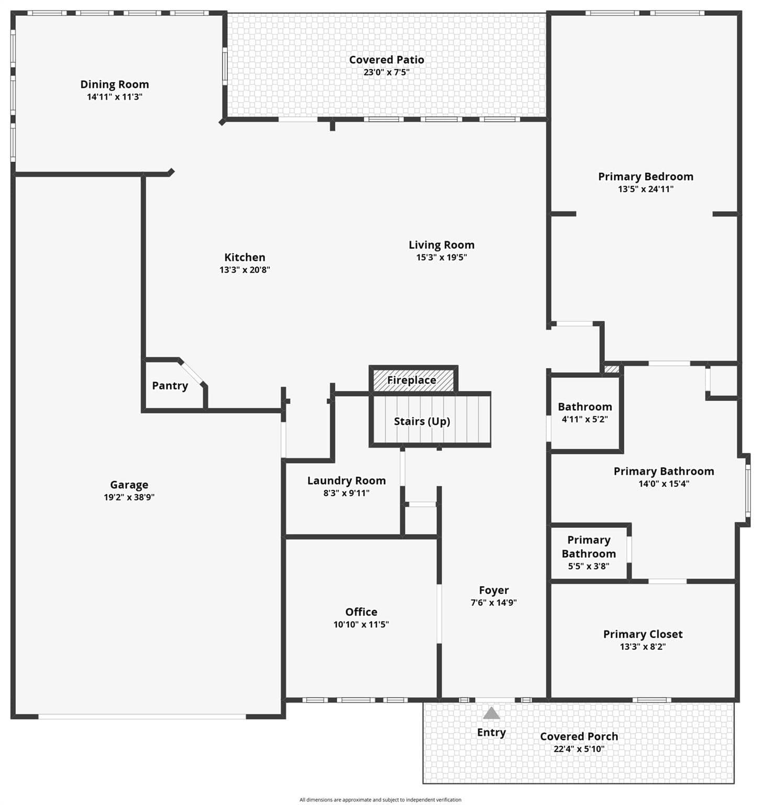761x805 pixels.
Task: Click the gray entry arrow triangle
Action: click(491, 713)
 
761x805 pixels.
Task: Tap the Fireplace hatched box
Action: click(413, 380)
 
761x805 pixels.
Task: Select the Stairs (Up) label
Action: click(422, 421)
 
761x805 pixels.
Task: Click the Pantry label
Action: click(170, 386)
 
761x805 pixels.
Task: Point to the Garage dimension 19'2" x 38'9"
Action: click(129, 497)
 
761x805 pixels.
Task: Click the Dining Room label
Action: click(115, 84)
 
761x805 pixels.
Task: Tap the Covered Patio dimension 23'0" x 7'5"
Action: click(387, 72)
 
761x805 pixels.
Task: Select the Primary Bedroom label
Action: click(646, 177)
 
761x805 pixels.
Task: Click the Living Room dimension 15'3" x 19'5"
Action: click(442, 257)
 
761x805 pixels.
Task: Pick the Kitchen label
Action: click(245, 257)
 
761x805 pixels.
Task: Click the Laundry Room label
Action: click(347, 481)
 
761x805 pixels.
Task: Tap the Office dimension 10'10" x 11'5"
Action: click(361, 624)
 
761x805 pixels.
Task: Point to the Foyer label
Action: click(494, 591)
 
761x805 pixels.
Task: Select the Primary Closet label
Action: click(643, 634)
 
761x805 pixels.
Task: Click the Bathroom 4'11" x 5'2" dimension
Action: click(585, 419)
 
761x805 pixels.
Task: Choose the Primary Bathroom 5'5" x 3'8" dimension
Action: click(589, 566)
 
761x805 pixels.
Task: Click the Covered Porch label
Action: click(579, 736)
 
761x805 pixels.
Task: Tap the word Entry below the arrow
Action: click(491, 733)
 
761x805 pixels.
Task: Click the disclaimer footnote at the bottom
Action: click(380, 800)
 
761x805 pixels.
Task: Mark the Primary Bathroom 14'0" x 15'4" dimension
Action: click(664, 484)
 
